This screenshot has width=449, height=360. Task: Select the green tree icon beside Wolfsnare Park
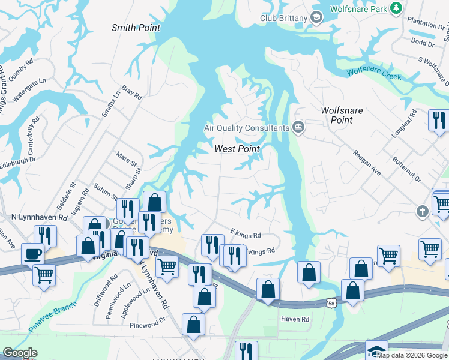coord(396,8)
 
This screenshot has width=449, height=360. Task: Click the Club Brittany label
coord(283,18)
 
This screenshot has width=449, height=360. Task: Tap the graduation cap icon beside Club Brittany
coord(316,18)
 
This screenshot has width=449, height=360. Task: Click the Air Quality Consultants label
coord(246,128)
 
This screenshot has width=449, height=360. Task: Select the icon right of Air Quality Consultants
coord(298,127)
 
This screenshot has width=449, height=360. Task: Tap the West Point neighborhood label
coord(237,149)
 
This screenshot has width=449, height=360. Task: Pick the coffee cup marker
coord(32,254)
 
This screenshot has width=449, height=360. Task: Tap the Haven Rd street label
coord(295,319)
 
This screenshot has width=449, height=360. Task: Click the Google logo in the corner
coord(20,353)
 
